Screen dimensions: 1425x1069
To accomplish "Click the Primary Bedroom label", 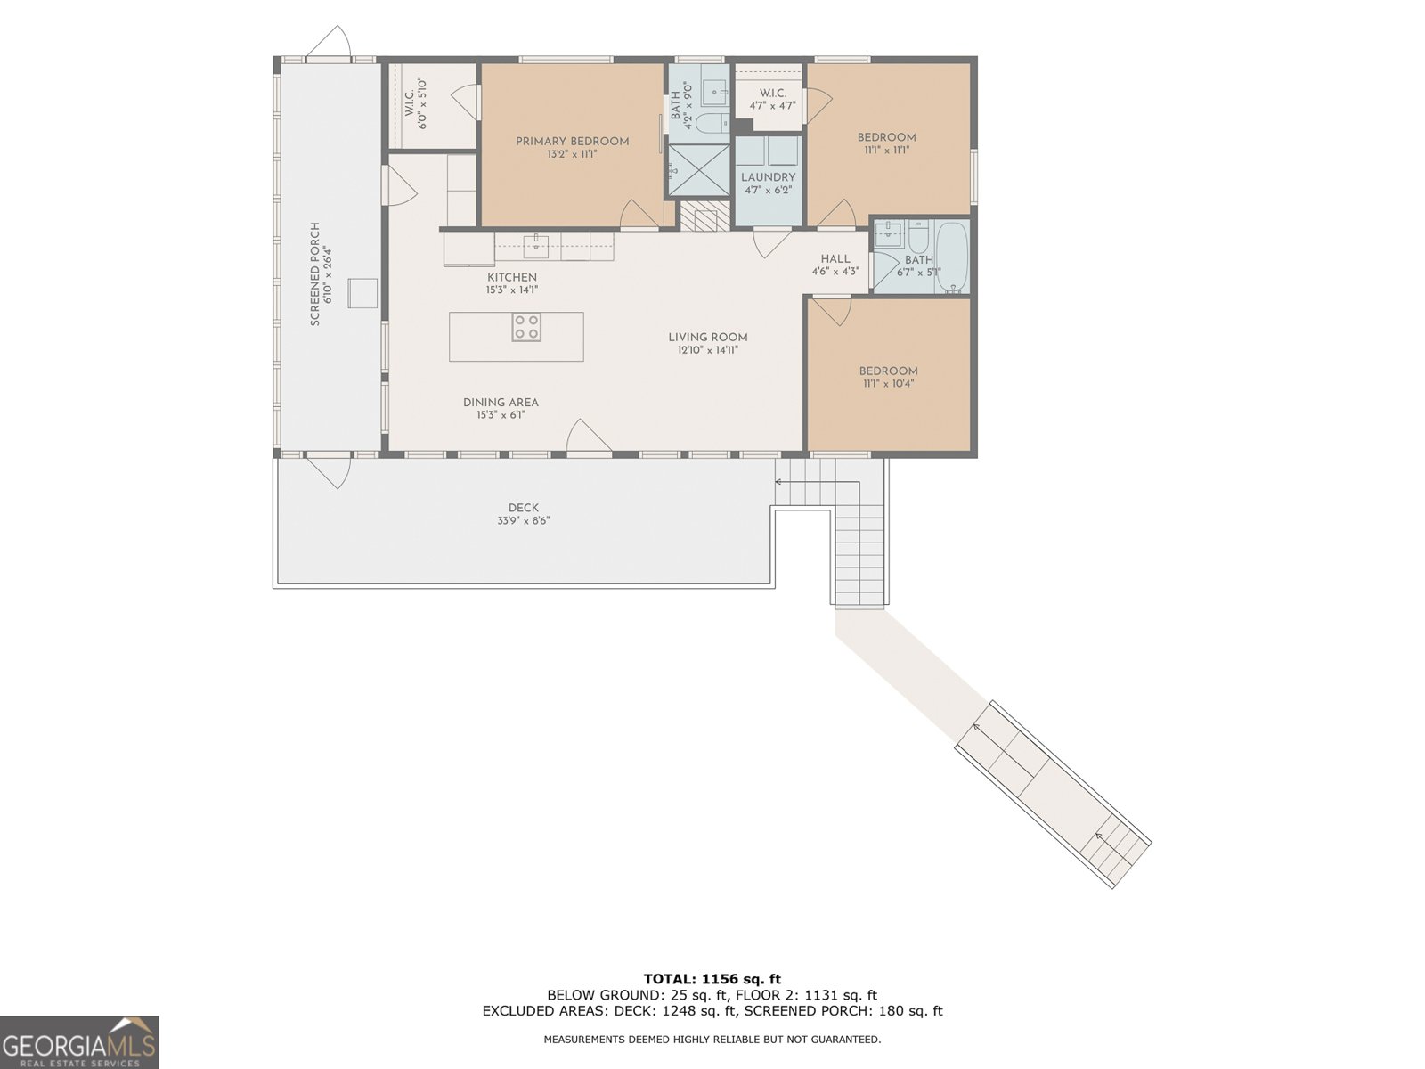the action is click(x=572, y=142).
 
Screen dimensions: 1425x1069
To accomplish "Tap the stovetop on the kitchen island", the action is click(x=525, y=327).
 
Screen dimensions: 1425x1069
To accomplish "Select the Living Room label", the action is click(x=708, y=338).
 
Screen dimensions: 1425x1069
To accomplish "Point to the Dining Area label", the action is click(x=501, y=403).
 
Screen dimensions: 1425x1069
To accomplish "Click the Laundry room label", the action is click(x=768, y=177).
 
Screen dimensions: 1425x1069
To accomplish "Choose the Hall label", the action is click(x=835, y=259).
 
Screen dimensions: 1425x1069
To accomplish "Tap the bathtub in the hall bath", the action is click(x=952, y=257).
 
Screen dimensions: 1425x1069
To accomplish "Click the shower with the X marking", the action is click(x=699, y=170).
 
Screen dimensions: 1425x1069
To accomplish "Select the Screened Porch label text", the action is click(x=315, y=273).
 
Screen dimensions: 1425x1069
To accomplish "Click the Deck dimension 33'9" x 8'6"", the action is click(x=524, y=520).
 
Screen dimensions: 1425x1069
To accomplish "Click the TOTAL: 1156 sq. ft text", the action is click(x=712, y=979).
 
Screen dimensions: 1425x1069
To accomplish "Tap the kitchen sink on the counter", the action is click(x=536, y=244).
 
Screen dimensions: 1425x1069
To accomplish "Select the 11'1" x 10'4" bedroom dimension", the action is click(x=888, y=384).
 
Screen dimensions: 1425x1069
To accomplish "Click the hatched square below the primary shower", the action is click(x=705, y=216).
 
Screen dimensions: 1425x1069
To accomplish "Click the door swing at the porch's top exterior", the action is click(x=330, y=43).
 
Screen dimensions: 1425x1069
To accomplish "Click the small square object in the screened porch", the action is click(x=362, y=293).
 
